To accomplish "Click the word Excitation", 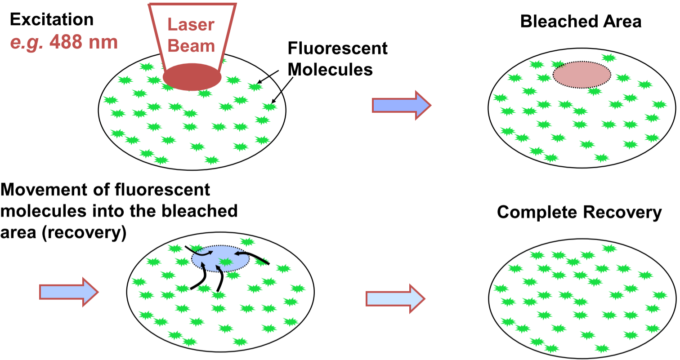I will coord(52,20).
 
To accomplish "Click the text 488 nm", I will coord(83,42).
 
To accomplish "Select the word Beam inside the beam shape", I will coord(192,45).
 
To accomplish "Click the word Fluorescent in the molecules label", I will coord(337,48).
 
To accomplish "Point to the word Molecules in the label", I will coord(330,69).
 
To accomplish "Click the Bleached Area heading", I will coord(581,22).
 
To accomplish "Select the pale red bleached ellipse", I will coord(582,74).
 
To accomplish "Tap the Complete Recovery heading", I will coord(579,213).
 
